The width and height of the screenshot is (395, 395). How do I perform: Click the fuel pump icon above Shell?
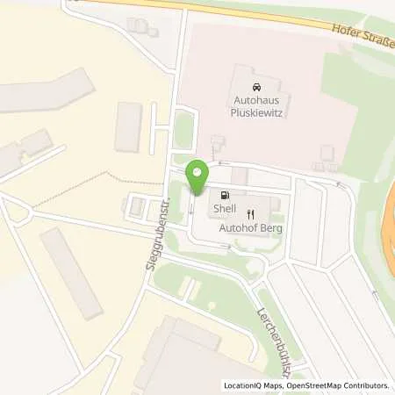pos(226,196)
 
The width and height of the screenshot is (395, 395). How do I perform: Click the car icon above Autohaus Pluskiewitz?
pos(255,88)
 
